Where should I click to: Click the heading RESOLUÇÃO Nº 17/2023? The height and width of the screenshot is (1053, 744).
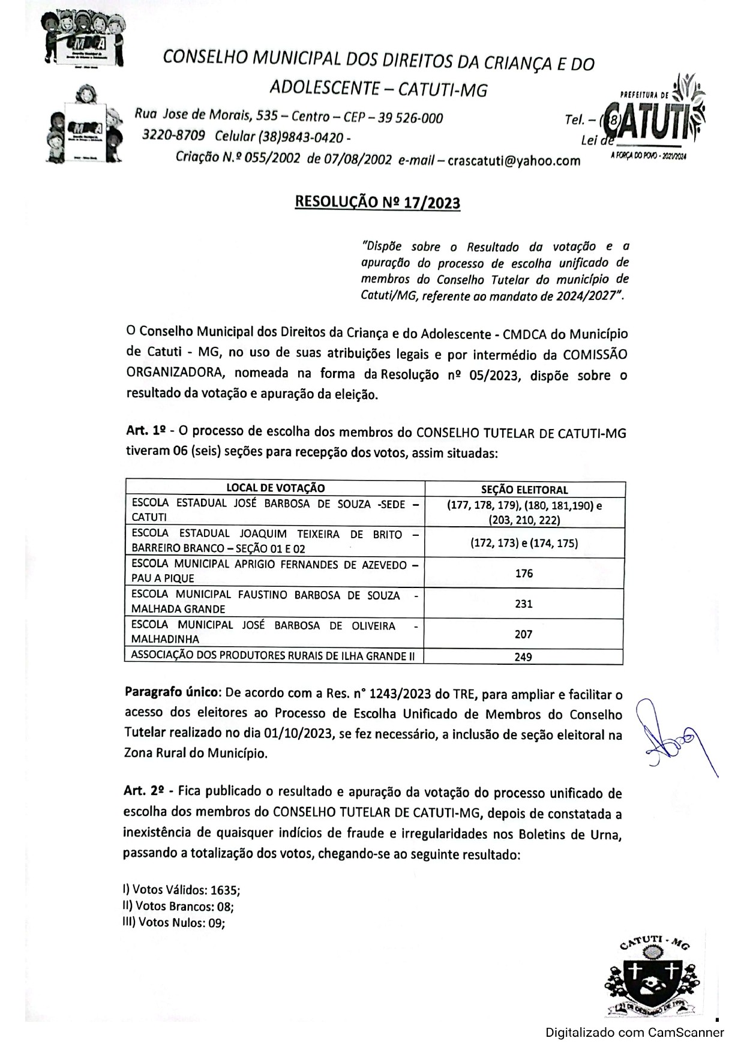[x=377, y=202]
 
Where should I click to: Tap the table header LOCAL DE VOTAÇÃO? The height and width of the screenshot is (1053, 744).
[x=275, y=488]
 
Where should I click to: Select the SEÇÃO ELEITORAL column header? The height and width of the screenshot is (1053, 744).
[x=524, y=490]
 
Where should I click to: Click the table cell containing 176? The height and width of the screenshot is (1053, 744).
[x=524, y=574]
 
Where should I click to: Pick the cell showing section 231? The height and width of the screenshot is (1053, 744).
[x=524, y=604]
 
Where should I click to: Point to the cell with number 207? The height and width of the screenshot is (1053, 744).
[x=524, y=634]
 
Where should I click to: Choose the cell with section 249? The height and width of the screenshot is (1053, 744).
[x=523, y=657]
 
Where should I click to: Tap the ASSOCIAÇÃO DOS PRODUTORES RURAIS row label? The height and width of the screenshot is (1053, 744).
[x=273, y=656]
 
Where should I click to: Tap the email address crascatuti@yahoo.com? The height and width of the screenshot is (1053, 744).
[x=514, y=160]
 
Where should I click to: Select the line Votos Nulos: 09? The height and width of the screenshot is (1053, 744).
[x=173, y=923]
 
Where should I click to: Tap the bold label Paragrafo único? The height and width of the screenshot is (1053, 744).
[x=170, y=692]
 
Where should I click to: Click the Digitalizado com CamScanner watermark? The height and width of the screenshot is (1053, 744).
[x=634, y=1033]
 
